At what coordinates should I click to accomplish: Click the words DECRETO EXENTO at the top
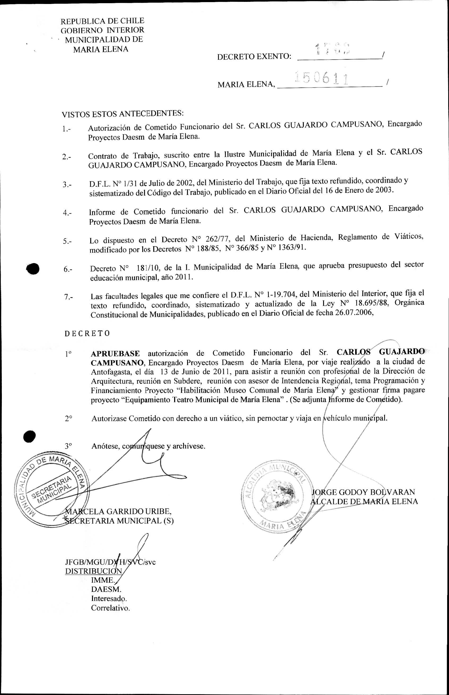[x=254, y=56]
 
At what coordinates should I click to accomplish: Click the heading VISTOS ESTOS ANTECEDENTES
[x=122, y=114]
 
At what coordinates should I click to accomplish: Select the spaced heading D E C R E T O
[x=87, y=333]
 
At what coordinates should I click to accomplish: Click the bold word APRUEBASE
[x=115, y=354]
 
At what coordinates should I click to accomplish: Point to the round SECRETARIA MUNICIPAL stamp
[x=52, y=490]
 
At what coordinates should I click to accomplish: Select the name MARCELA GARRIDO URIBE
[x=118, y=511]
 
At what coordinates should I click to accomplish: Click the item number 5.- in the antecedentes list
[x=67, y=241]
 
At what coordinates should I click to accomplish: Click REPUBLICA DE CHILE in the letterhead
[x=102, y=21]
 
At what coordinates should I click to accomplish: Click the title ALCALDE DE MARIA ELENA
[x=364, y=502]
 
